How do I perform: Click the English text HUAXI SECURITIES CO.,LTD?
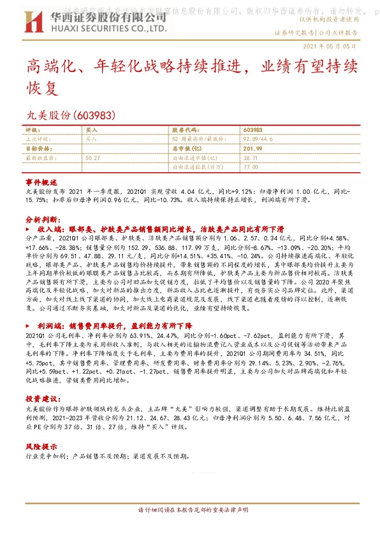pyautogui.click(x=108, y=29)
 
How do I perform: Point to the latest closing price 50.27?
pyautogui.click(x=92, y=156)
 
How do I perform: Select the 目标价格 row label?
pyautogui.click(x=37, y=147)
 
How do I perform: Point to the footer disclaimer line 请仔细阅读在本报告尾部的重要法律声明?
pyautogui.click(x=193, y=510)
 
